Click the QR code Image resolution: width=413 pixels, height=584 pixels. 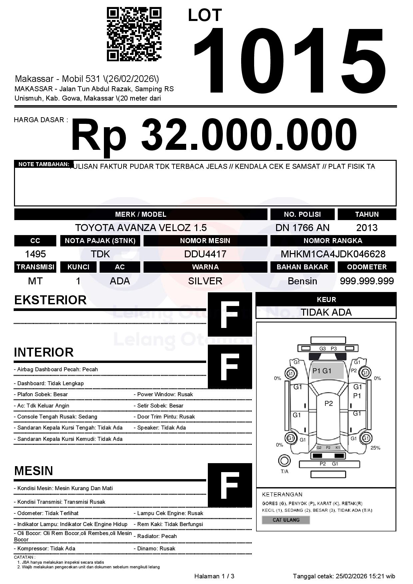tap(134, 35)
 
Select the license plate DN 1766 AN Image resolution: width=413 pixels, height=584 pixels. tap(302, 228)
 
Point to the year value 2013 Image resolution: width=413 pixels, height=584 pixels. tap(367, 228)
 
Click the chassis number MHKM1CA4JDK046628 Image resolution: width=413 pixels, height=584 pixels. tap(333, 254)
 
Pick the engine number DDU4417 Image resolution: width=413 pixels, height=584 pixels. tap(205, 254)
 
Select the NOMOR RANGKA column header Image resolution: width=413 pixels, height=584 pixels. tap(333, 241)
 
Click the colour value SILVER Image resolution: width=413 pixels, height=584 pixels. tap(205, 281)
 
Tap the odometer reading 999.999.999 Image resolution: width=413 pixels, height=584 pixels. tap(367, 281)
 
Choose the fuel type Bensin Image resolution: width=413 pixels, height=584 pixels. tap(302, 281)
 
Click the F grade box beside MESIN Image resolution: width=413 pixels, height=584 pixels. tap(230, 485)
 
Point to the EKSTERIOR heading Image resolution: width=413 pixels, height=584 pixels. tap(50, 300)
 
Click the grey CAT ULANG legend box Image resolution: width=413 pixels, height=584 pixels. tap(286, 520)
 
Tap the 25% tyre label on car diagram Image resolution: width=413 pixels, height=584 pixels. tap(375, 448)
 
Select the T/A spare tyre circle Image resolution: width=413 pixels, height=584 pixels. tap(284, 461)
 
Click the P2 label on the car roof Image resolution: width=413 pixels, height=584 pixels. tap(328, 404)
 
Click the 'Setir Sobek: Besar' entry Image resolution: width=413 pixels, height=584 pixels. tap(160, 406)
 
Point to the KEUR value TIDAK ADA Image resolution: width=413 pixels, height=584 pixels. tap(326, 312)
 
